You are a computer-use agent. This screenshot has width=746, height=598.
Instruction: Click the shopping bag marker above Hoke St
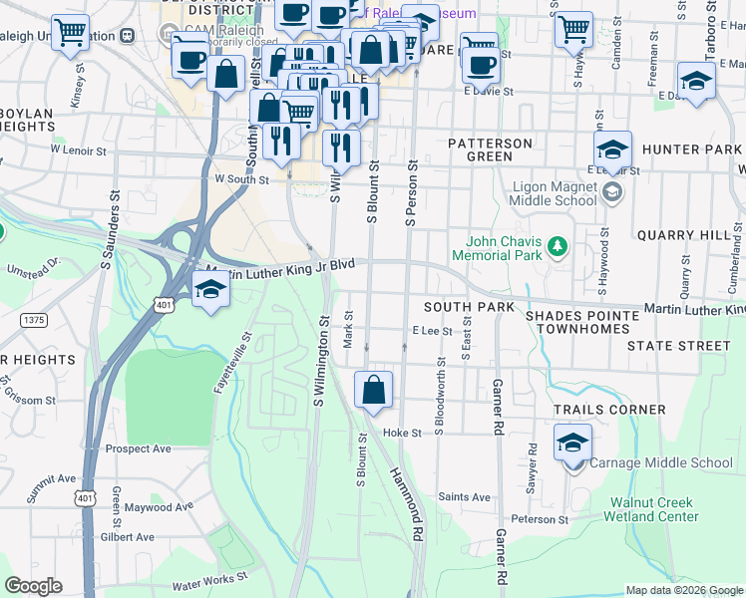(x=373, y=390)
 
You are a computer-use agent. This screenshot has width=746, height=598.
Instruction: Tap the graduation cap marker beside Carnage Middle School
(x=572, y=443)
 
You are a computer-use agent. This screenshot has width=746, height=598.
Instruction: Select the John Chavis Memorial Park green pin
(x=559, y=244)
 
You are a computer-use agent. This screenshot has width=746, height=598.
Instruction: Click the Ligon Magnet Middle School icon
(x=612, y=191)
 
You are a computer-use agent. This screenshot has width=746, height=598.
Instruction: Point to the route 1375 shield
(x=34, y=319)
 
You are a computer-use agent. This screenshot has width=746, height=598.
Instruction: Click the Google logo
(x=33, y=586)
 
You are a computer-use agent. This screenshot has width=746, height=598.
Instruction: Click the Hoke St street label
(x=404, y=434)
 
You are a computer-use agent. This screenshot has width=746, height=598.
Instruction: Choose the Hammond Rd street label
(x=407, y=504)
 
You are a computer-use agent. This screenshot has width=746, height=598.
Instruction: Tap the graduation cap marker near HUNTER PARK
(x=612, y=149)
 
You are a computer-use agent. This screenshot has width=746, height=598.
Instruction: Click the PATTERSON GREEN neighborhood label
(x=490, y=149)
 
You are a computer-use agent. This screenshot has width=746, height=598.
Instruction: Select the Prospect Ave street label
(x=139, y=448)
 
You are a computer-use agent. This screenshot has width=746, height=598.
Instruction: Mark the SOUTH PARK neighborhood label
(x=468, y=306)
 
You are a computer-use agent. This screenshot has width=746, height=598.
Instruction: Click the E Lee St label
(x=432, y=330)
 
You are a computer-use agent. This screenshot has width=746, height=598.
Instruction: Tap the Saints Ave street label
(x=465, y=497)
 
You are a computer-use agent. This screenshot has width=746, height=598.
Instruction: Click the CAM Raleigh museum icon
(x=127, y=35)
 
